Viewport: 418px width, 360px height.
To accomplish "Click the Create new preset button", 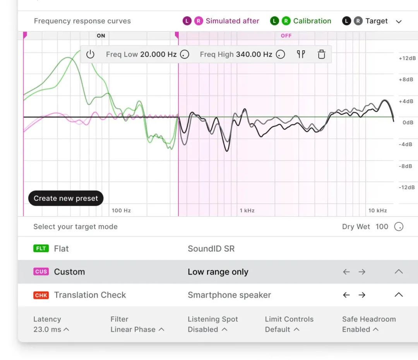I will pos(66,198).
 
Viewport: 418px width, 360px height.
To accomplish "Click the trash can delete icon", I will pos(321,55).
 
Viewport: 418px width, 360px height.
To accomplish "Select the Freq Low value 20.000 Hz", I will pos(158,55).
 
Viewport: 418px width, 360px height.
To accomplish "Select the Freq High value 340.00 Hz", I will pos(254,55).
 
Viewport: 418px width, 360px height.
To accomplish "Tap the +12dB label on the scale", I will pos(407,58).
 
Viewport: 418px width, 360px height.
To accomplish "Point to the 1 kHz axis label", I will pos(247,211).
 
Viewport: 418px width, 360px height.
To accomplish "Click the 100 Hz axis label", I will pos(121,211).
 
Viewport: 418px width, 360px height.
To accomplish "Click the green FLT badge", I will pos(41,249).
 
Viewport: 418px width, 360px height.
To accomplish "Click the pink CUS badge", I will pos(41,272).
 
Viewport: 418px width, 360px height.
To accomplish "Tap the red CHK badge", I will pos(41,295).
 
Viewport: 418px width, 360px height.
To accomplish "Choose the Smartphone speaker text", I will pos(229,295).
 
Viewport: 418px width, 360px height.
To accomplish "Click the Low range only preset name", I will pos(218,272).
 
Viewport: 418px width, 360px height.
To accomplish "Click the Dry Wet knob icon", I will pos(399,227).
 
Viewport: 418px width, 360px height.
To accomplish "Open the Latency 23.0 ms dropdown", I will pos(51,329).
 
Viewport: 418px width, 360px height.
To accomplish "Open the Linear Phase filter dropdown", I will pos(137,329).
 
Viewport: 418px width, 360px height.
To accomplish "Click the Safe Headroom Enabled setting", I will pos(360,329).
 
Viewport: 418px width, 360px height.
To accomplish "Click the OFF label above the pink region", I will pos(286,36).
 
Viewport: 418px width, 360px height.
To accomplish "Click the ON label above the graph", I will pos(101,36).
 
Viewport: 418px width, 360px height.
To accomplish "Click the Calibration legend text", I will pos(312,21).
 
